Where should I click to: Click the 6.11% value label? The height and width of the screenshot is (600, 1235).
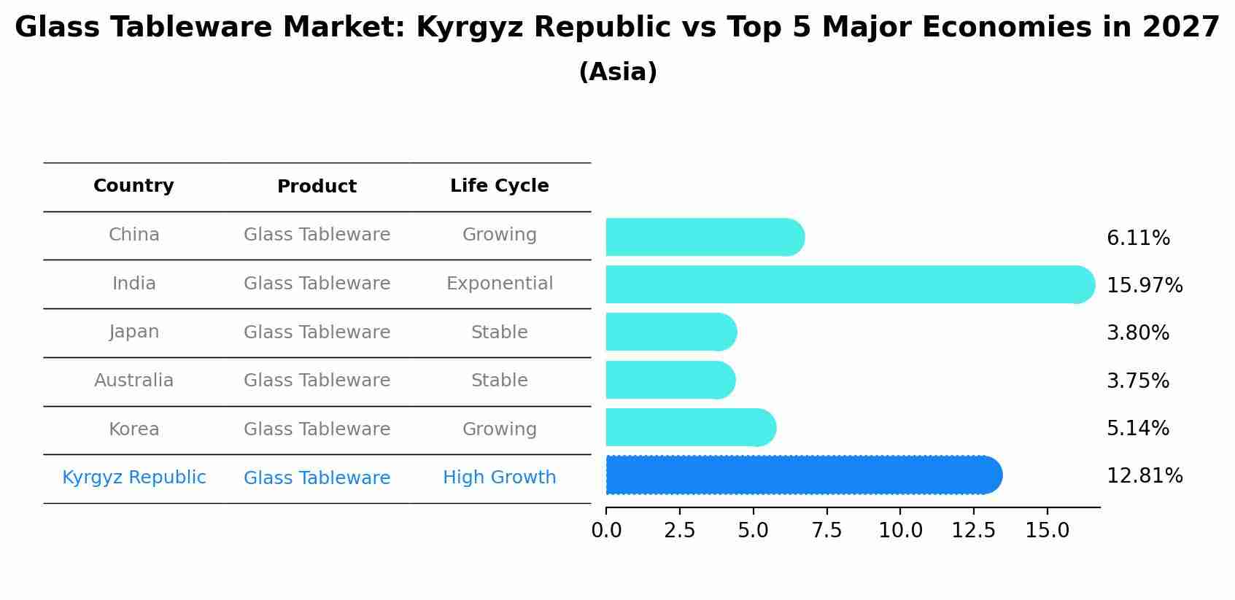click(x=1138, y=238)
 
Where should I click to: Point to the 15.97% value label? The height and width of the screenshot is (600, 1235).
click(x=1145, y=286)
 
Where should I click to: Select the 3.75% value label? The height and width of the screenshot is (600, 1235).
click(x=1138, y=381)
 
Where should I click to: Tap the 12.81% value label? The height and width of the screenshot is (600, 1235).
click(x=1145, y=476)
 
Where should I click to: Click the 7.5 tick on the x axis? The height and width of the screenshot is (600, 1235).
click(x=826, y=531)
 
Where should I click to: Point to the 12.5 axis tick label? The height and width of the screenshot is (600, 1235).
click(x=974, y=531)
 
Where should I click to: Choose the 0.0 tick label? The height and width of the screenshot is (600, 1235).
click(x=606, y=531)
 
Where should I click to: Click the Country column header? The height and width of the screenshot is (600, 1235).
click(x=133, y=186)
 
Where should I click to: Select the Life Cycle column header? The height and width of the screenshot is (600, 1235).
click(x=500, y=186)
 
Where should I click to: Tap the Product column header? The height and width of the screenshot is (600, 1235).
click(x=317, y=187)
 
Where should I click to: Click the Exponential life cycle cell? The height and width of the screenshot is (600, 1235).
click(x=500, y=284)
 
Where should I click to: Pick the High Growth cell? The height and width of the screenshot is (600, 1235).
click(x=500, y=478)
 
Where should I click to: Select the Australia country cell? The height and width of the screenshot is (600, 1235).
click(x=133, y=381)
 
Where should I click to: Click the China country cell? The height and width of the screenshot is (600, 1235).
click(x=133, y=235)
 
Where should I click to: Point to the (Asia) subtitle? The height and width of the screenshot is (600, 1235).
click(x=618, y=72)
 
